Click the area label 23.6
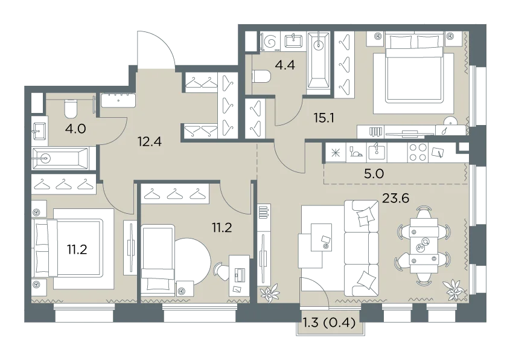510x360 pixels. click(395, 198)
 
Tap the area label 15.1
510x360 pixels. click(324, 118)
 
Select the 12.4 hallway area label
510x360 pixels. click(149, 141)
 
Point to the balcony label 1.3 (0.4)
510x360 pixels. click(329, 323)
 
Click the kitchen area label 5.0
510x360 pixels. click(374, 173)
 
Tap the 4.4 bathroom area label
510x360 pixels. click(285, 65)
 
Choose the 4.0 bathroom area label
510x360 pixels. click(75, 129)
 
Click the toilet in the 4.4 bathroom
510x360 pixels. click(261, 77)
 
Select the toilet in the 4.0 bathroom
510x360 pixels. click(71, 109)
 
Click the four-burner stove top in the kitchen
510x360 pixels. click(418, 152)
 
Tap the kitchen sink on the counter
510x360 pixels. click(377, 152)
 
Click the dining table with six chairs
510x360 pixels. click(424, 245)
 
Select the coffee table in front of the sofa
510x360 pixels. click(321, 237)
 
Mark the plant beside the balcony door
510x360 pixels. click(269, 293)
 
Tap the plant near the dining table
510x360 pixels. click(453, 290)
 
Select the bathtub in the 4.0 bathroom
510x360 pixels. click(60, 158)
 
